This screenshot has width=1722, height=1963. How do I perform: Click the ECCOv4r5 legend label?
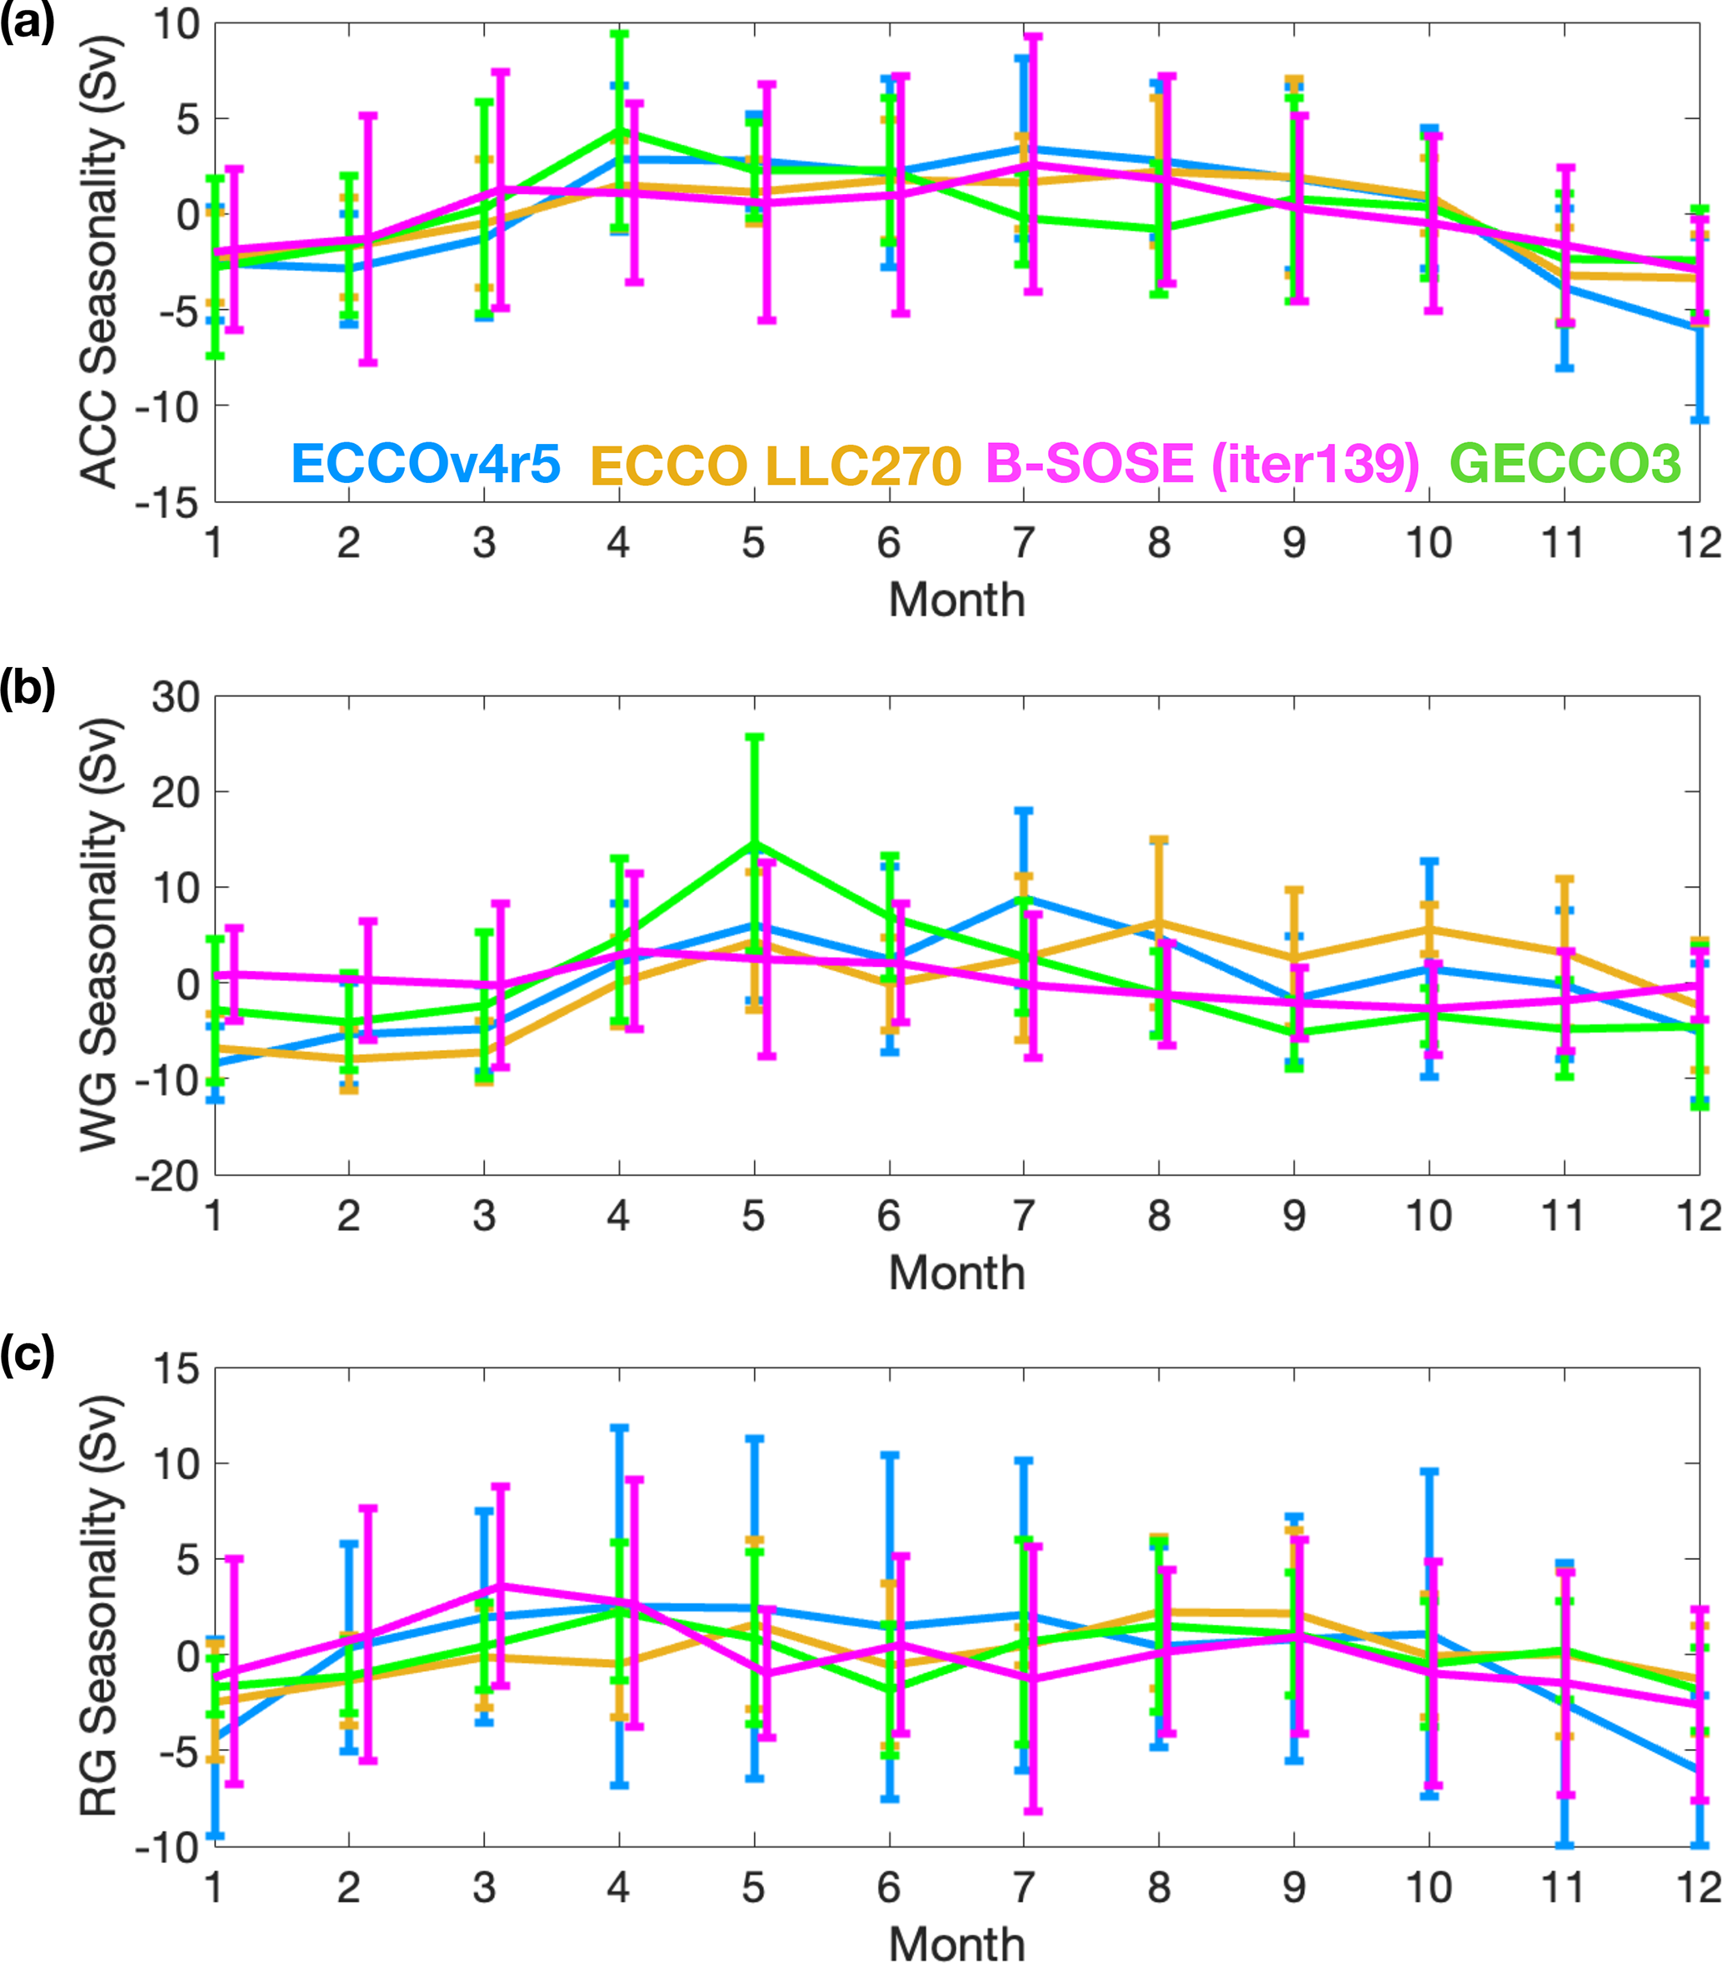click(426, 464)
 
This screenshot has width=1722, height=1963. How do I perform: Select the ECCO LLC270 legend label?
click(775, 466)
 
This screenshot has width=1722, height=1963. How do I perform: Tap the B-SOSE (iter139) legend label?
click(1202, 464)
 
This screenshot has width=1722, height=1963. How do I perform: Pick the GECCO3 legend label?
click(1565, 463)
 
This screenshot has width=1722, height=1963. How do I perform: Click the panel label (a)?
click(27, 21)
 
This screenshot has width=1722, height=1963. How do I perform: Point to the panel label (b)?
click(27, 688)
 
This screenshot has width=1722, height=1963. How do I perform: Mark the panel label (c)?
click(27, 1354)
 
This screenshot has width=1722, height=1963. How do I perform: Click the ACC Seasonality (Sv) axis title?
click(100, 262)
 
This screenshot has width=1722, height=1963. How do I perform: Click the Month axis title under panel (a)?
click(956, 600)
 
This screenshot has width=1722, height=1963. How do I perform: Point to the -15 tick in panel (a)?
click(166, 501)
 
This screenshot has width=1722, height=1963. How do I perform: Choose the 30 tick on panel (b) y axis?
click(176, 697)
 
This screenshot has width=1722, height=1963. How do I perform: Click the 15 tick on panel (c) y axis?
click(176, 1368)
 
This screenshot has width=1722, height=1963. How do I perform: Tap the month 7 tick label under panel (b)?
click(1024, 1216)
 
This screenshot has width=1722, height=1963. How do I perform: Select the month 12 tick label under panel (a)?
click(1698, 544)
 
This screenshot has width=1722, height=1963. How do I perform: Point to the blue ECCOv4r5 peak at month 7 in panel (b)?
click(1024, 898)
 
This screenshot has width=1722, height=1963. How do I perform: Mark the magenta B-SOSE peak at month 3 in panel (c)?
click(501, 1585)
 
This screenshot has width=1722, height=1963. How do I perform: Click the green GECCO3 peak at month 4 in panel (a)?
click(620, 131)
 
